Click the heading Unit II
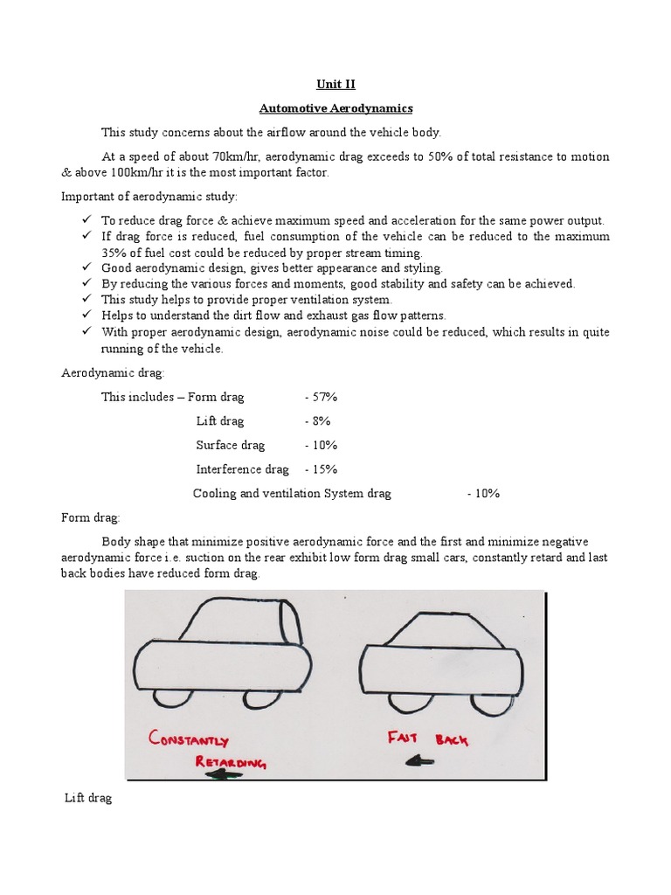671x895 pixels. [x=335, y=85]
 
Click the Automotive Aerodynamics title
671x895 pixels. [x=335, y=109]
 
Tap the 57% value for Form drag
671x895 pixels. [x=321, y=397]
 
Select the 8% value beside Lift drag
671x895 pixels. [x=317, y=421]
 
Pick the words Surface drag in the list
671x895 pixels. [x=230, y=445]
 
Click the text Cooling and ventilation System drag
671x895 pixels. [x=292, y=493]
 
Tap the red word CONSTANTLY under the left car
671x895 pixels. [x=189, y=739]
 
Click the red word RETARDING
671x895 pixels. [x=230, y=762]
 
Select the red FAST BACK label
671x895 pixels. [x=427, y=739]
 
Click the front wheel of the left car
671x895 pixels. [x=169, y=697]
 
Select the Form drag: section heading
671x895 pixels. [x=91, y=517]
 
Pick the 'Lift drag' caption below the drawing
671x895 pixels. [x=89, y=799]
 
